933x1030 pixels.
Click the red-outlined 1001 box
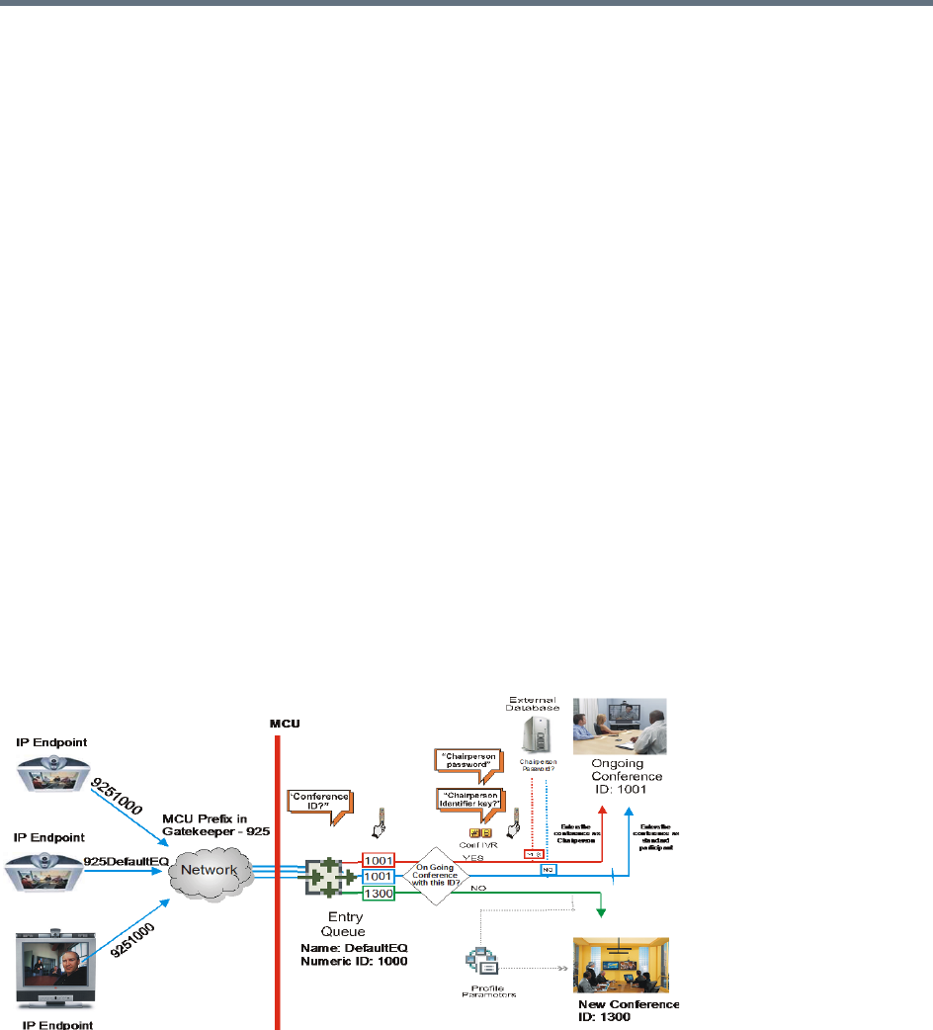pyautogui.click(x=380, y=859)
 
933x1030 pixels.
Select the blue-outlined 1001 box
pyautogui.click(x=380, y=875)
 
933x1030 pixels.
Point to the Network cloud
pyautogui.click(x=210, y=874)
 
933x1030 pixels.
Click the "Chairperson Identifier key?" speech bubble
pyautogui.click(x=468, y=801)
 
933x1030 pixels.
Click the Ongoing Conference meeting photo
pyautogui.click(x=620, y=727)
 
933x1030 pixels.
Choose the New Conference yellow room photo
pyautogui.click(x=621, y=964)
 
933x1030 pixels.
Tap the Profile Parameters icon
pyautogui.click(x=479, y=963)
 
